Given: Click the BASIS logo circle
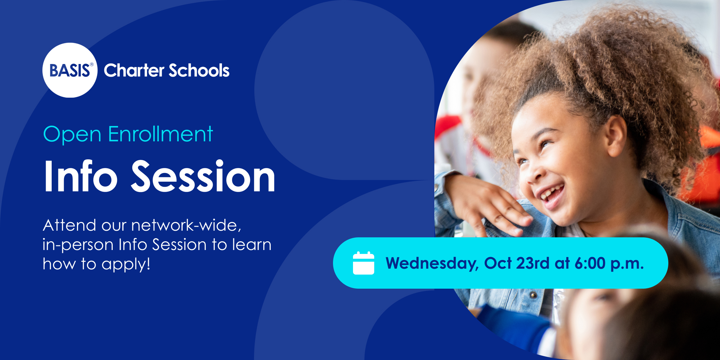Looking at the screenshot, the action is pos(70,70).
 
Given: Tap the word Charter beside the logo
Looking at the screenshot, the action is pos(134,70).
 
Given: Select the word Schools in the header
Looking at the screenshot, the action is pos(199,70).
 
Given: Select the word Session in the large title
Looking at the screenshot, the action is pos(203,176).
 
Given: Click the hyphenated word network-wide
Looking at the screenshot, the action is pos(186,225).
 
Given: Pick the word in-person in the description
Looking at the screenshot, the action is pos(78,245).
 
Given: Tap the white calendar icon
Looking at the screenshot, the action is pos(363,263).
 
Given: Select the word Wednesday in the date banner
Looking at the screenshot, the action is pos(432,263).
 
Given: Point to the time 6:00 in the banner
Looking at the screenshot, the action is pos(590,263).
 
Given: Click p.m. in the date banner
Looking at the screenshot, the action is pos(627,264).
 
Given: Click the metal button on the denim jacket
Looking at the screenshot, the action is pos(533,295).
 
